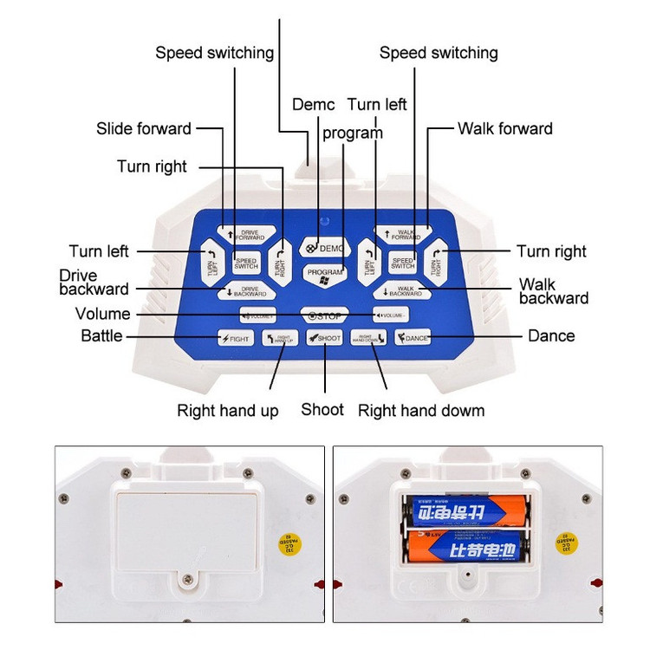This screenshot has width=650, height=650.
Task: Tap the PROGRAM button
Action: click(324, 272)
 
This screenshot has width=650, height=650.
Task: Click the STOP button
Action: click(325, 314)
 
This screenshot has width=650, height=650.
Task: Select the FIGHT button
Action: click(235, 337)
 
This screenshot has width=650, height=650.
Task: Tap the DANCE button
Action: click(413, 337)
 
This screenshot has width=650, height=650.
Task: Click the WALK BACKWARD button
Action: click(402, 291)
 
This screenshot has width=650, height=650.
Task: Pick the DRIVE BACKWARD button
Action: click(246, 291)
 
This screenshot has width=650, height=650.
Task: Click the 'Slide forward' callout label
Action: click(144, 129)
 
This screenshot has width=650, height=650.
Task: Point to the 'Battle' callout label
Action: click(101, 336)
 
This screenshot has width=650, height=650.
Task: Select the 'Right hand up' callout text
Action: click(228, 411)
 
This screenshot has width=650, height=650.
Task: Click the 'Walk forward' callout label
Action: click(505, 129)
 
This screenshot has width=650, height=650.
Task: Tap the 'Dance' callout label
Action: click(551, 336)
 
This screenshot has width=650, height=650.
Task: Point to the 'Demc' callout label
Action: click(313, 105)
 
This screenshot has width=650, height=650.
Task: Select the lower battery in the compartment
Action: click(465, 548)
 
